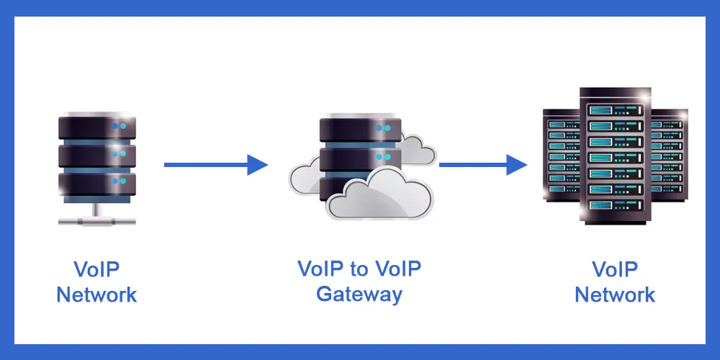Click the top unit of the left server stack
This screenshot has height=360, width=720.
tap(96, 127)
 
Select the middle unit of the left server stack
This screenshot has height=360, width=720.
tap(96, 155)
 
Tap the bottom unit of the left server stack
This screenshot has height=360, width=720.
tap(96, 183)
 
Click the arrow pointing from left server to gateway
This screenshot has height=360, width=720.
tap(215, 165)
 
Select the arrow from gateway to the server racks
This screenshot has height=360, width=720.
tap(483, 165)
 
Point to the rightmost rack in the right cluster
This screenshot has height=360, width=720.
tap(670, 155)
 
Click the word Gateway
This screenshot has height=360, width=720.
tap(359, 294)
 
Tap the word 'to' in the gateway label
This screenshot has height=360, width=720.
tap(359, 269)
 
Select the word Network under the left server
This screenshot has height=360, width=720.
tap(96, 294)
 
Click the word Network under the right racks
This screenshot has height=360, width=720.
tap(615, 294)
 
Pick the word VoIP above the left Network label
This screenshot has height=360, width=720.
tap(96, 269)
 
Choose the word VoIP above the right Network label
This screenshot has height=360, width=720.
tap(615, 269)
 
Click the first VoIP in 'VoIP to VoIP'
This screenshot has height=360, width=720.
tap(321, 269)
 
